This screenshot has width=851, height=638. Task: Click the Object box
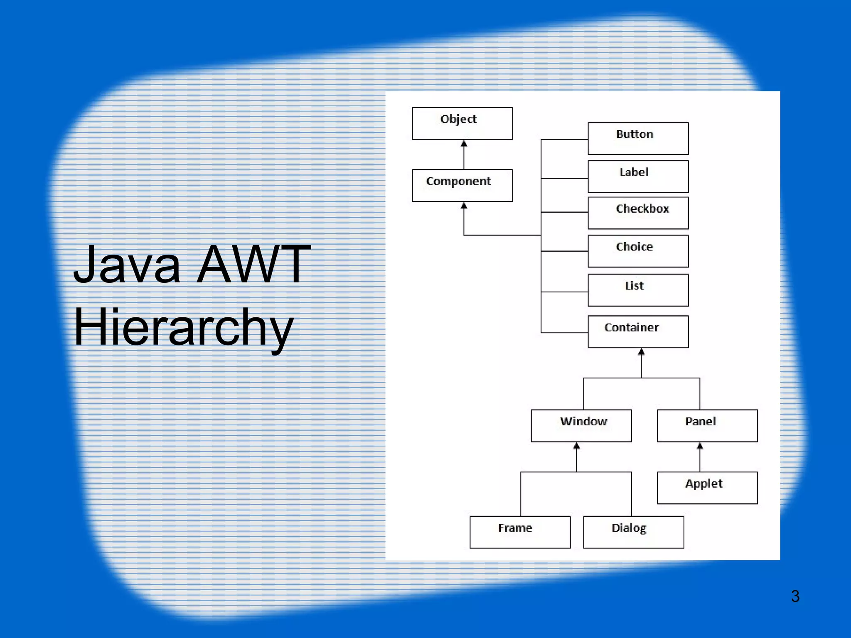click(x=462, y=123)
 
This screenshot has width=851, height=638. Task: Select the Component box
click(x=462, y=185)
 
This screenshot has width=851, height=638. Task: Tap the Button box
click(x=638, y=138)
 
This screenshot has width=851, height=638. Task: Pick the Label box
click(x=638, y=177)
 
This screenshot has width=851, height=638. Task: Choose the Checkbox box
click(x=638, y=213)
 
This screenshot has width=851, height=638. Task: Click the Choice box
click(x=638, y=251)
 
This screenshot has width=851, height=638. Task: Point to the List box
click(x=638, y=290)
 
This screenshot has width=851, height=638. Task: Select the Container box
click(x=638, y=331)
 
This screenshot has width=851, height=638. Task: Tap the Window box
click(x=581, y=426)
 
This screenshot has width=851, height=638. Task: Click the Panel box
click(x=707, y=426)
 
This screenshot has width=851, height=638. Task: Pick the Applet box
click(x=707, y=488)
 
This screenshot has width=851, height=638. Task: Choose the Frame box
click(x=520, y=532)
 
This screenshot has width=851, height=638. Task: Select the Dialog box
click(x=633, y=532)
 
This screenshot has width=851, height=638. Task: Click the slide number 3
click(x=795, y=596)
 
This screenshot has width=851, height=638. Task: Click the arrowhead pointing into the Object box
click(x=464, y=144)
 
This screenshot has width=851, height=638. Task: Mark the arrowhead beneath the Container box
click(x=641, y=352)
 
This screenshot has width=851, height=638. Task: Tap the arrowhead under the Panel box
click(x=700, y=446)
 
